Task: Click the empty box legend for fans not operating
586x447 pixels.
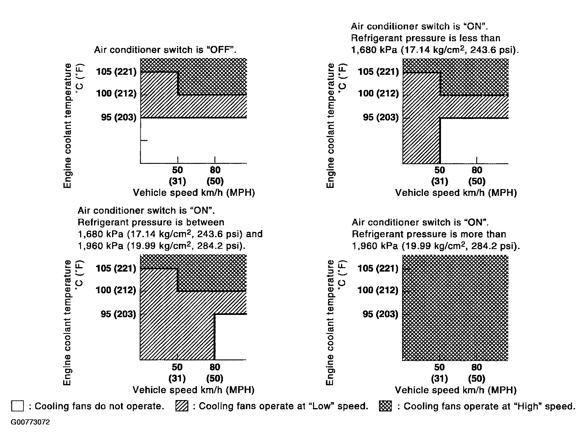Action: [17, 406]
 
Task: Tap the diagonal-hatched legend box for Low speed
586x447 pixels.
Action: [182, 406]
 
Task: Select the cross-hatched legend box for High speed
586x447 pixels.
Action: [385, 406]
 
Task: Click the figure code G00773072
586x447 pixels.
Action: [30, 422]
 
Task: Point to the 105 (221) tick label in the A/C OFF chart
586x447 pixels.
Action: [116, 72]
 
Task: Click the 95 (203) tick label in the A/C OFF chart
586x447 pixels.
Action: [119, 117]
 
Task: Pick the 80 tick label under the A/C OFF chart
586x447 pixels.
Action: [215, 170]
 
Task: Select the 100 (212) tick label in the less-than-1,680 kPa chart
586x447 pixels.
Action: [378, 93]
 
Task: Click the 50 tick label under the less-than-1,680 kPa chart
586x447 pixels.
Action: [439, 170]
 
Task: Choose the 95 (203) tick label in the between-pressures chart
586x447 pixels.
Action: [118, 314]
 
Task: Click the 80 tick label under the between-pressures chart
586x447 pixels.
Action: [215, 367]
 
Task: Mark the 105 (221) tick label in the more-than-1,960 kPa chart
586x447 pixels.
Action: [378, 268]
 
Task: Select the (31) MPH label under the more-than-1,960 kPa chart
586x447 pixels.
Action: [439, 378]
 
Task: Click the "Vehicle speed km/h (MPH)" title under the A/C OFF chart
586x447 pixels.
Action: [194, 193]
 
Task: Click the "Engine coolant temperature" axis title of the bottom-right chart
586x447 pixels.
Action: [330, 322]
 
